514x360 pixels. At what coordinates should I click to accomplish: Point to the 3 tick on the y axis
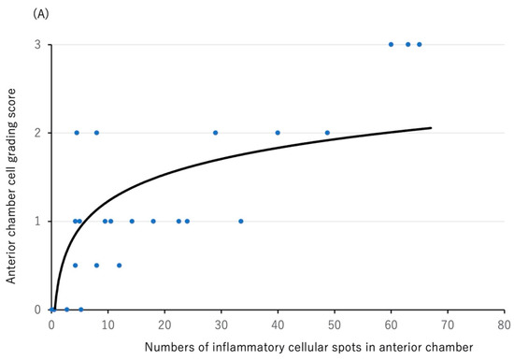click(37, 44)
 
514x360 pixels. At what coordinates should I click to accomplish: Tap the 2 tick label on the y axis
click(37, 133)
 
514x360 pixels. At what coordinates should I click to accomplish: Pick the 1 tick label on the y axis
click(37, 222)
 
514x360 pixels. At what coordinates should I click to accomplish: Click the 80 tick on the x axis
click(504, 324)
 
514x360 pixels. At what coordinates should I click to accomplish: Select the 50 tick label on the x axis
click(335, 324)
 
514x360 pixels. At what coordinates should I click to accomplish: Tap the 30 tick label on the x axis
click(221, 324)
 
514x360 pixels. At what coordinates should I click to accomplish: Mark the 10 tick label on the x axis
click(108, 324)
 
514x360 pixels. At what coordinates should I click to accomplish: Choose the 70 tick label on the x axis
click(448, 324)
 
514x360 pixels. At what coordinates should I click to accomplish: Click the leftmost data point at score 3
click(391, 44)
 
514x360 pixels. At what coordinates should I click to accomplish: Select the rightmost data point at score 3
click(419, 44)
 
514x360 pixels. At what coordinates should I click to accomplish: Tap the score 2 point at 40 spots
click(278, 133)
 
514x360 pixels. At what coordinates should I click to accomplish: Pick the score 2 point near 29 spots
click(216, 133)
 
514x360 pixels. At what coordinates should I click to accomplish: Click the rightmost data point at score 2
click(327, 133)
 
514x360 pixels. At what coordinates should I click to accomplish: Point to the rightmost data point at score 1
click(241, 222)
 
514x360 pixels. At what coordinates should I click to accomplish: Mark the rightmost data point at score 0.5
click(120, 266)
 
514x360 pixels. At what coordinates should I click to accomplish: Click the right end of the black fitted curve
click(431, 128)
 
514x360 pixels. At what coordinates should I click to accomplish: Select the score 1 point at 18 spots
click(153, 222)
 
